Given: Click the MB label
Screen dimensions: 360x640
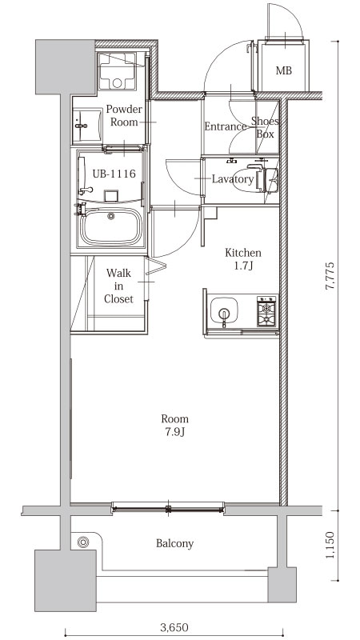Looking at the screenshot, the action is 284,70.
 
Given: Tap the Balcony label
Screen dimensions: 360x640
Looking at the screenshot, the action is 174,544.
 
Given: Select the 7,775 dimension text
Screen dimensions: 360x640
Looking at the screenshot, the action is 330,275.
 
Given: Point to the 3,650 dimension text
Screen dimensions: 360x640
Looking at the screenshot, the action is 174,627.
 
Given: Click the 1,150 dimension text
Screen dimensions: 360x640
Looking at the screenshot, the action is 330,545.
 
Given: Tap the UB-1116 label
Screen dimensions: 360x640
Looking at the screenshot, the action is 114,174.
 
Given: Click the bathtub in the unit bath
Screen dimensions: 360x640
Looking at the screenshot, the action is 111,226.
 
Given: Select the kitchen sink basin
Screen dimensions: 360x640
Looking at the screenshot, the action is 224,311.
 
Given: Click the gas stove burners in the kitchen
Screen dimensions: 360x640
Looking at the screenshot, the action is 266,311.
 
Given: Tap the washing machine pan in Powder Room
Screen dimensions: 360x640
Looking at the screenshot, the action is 118,71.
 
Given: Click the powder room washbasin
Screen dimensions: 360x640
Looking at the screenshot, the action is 87,126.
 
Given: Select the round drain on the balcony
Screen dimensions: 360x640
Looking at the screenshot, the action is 83,542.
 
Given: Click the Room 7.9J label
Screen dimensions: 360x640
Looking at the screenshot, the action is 174,426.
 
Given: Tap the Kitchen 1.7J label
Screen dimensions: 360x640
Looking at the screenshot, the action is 243,259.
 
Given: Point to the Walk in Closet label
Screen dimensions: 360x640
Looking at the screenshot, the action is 118,286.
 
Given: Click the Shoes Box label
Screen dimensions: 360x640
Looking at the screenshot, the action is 265,127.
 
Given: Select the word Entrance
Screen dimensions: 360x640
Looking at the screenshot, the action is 226,126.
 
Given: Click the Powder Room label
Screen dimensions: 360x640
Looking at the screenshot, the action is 124,115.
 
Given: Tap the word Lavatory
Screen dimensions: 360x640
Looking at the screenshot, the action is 233,179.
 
